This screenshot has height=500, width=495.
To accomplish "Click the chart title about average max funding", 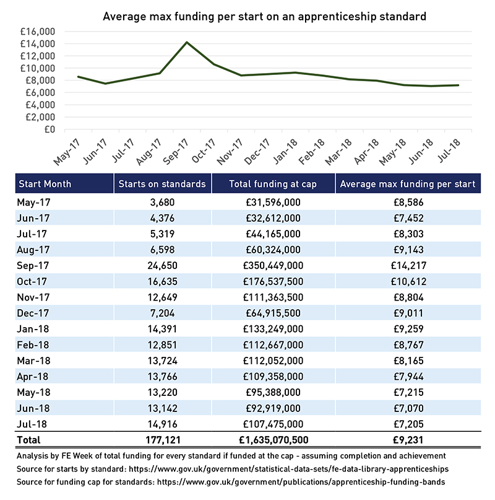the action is (x=264, y=17).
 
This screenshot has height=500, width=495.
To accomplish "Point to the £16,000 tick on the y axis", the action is (x=38, y=32).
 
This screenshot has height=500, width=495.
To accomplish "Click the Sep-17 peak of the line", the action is (x=187, y=42).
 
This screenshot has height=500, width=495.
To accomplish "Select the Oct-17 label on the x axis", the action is (x=204, y=151).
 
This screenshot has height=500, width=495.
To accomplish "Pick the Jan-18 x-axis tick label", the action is (x=285, y=151).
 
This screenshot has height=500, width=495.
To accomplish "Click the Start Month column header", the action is (x=45, y=184).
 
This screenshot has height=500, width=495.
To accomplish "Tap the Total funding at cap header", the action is (x=273, y=184).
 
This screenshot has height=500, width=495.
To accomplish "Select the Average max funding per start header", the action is (x=408, y=184).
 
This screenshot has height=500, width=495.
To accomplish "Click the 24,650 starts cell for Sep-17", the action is (x=163, y=265).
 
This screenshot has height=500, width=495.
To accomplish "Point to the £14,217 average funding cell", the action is (x=408, y=265).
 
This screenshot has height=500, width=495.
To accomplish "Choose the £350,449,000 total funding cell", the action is (x=273, y=265).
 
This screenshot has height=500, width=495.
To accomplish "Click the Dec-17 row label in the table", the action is (x=33, y=313).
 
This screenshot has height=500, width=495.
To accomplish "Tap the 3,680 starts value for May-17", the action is (x=163, y=202).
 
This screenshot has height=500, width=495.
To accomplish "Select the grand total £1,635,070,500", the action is (x=273, y=440).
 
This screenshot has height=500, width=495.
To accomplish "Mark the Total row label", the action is (x=28, y=440).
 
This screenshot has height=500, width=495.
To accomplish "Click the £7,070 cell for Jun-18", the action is (x=408, y=408).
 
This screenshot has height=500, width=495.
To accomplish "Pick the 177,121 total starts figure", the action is (x=163, y=440).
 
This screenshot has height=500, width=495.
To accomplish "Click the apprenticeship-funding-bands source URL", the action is (x=301, y=482).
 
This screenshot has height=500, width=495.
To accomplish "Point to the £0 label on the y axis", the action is (x=49, y=129).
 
